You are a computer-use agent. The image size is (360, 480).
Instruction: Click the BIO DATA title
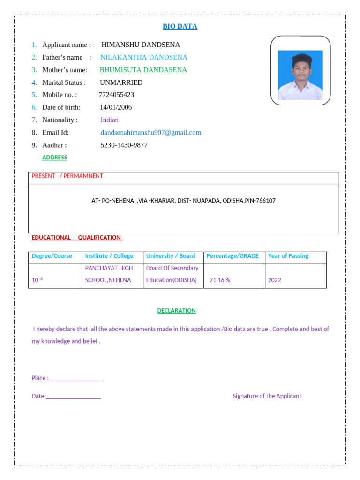click(x=180, y=26)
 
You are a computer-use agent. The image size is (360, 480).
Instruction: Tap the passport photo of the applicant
click(x=300, y=75)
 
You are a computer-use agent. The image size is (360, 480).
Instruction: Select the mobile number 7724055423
click(x=116, y=95)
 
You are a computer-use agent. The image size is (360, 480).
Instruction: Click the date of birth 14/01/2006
click(x=116, y=107)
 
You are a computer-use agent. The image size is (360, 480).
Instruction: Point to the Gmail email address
click(x=150, y=133)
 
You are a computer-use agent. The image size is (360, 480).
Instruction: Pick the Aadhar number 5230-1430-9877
click(x=124, y=145)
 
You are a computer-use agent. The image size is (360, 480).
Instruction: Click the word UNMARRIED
click(x=121, y=82)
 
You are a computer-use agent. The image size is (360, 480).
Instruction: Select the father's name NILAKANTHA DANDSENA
click(x=143, y=57)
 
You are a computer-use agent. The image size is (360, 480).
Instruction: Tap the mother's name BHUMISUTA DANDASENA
click(x=143, y=70)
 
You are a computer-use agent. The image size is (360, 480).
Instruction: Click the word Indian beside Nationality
click(x=109, y=120)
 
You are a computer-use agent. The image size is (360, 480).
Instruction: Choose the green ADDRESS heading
click(x=55, y=157)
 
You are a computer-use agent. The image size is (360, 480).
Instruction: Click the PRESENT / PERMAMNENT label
click(x=67, y=176)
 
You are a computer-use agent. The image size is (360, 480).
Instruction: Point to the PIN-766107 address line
click(x=183, y=201)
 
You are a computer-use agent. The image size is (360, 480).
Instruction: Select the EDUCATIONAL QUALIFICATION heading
click(x=76, y=238)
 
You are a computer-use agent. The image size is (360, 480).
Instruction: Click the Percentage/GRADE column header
click(x=232, y=256)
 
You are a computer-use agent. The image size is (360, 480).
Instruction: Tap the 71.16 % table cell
click(x=220, y=280)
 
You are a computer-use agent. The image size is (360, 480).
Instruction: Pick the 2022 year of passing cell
click(x=274, y=280)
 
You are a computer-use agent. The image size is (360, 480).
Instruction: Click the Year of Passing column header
click(x=288, y=256)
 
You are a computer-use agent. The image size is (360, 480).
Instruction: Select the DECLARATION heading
click(x=176, y=311)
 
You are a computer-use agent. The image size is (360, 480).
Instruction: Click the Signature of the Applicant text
click(x=267, y=396)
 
